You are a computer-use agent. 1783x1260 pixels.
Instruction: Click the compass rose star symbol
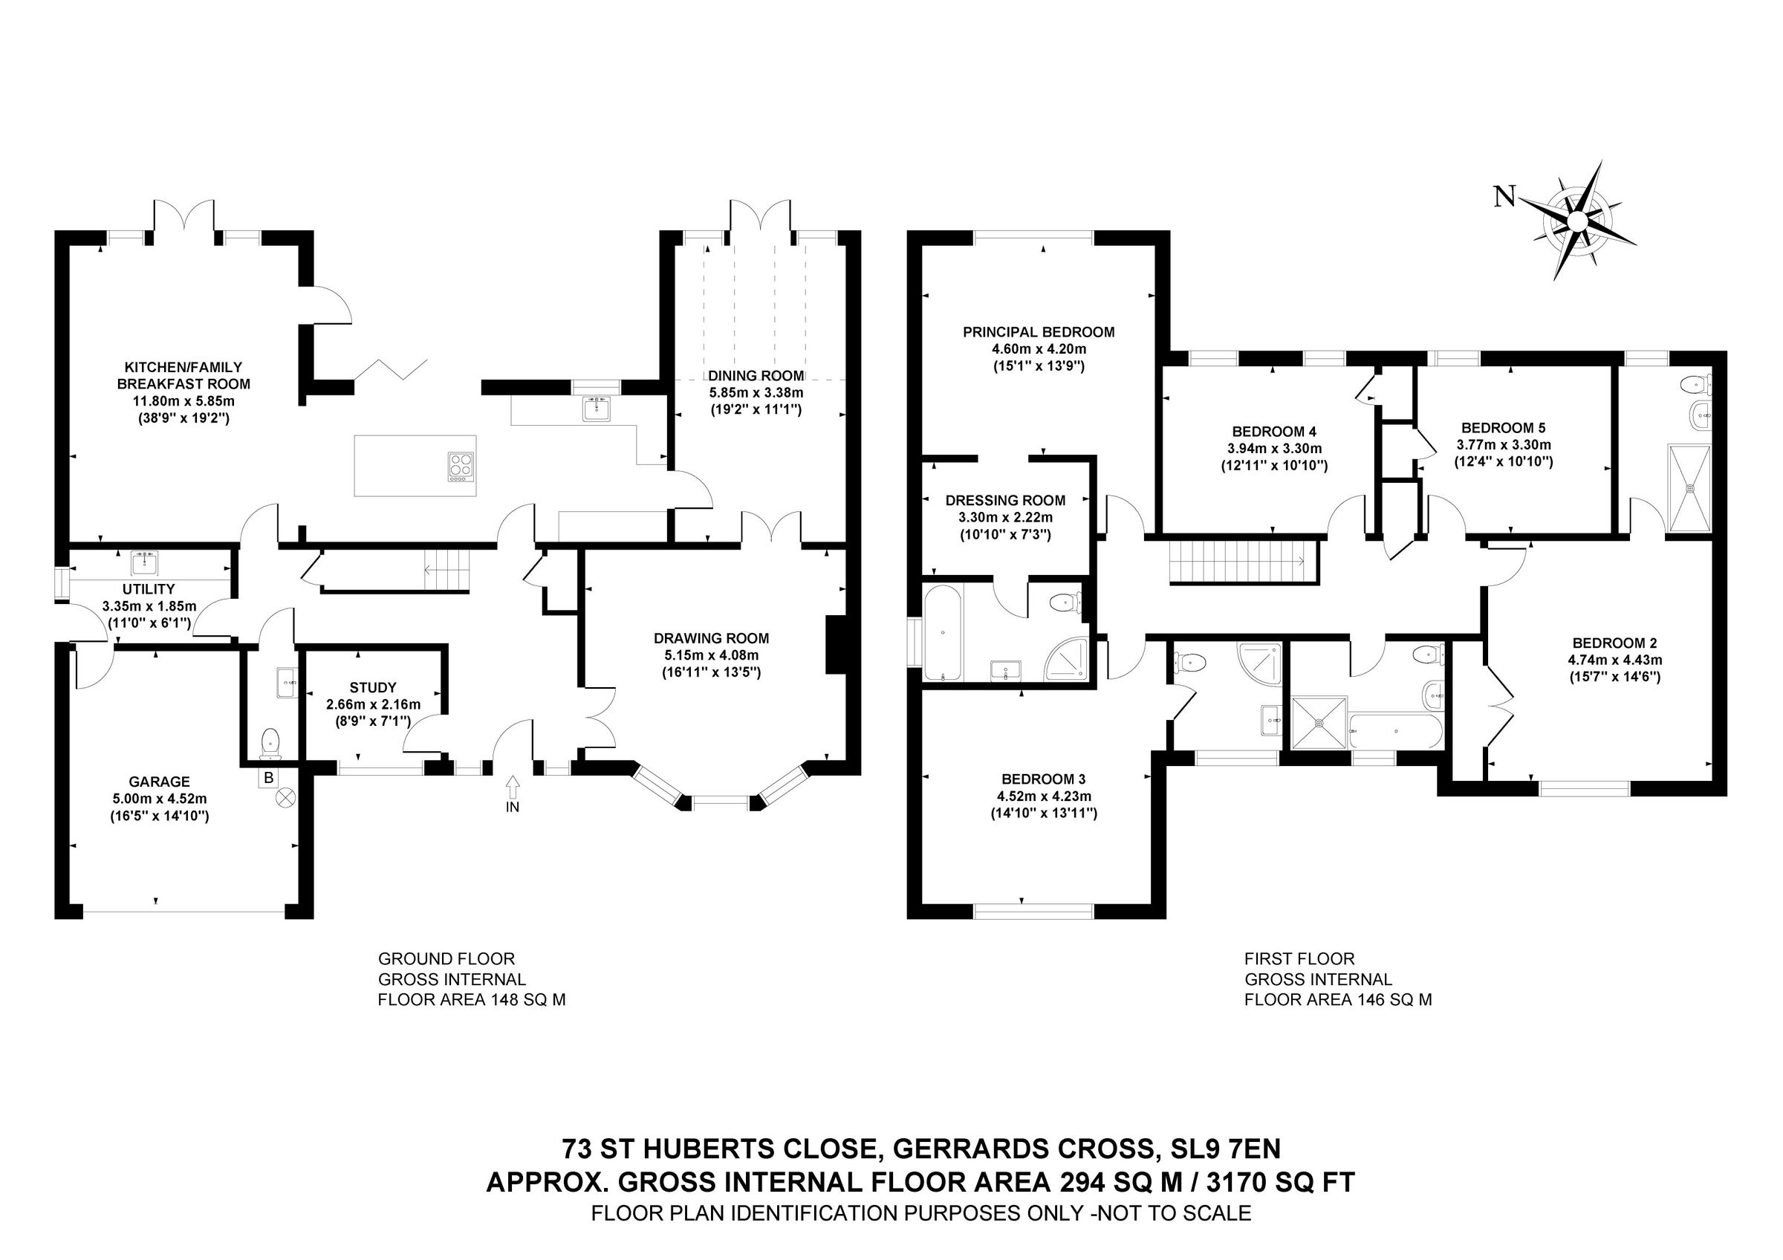(1576, 222)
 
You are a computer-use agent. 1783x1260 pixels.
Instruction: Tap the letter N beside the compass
(1505, 198)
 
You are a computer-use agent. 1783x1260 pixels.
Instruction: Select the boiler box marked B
(269, 778)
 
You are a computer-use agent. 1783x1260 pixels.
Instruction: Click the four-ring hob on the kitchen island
(461, 467)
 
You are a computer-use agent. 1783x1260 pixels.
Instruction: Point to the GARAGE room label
(160, 782)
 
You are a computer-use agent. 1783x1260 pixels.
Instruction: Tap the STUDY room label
(373, 688)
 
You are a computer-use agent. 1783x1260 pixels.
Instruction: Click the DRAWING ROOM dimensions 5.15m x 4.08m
(710, 655)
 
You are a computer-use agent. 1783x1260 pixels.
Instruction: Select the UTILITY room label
(149, 589)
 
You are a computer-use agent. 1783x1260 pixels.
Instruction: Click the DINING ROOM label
(756, 376)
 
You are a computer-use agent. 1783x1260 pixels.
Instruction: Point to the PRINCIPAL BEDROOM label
(1039, 332)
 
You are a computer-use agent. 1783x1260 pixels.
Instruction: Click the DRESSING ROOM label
(1005, 501)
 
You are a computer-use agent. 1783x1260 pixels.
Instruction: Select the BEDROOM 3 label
(1043, 779)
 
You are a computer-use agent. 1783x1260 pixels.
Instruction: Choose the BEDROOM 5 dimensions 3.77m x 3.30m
(1503, 445)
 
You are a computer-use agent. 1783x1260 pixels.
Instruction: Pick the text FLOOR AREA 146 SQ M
(1337, 1000)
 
